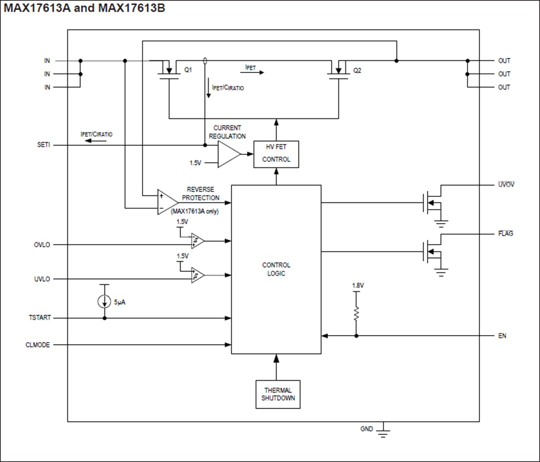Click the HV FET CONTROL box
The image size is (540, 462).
[276, 154]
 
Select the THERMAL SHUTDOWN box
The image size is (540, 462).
[278, 394]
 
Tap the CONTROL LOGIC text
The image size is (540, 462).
[276, 269]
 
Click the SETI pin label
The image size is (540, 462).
[44, 145]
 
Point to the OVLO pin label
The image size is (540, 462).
[42, 245]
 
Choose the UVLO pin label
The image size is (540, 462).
[42, 279]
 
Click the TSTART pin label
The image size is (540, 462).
[39, 318]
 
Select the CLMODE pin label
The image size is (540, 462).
[38, 345]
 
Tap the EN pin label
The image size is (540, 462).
[502, 336]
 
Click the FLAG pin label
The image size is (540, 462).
[505, 234]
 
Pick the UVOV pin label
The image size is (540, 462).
[506, 185]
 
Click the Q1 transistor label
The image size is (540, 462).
[188, 71]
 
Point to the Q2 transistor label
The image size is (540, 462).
[356, 71]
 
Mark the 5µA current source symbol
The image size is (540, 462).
[104, 302]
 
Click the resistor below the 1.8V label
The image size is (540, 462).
[356, 314]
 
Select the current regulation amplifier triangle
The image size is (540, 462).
[228, 154]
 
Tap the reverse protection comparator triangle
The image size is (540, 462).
[166, 202]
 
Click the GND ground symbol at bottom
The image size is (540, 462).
[383, 431]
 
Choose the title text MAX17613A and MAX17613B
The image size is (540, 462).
[84, 8]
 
